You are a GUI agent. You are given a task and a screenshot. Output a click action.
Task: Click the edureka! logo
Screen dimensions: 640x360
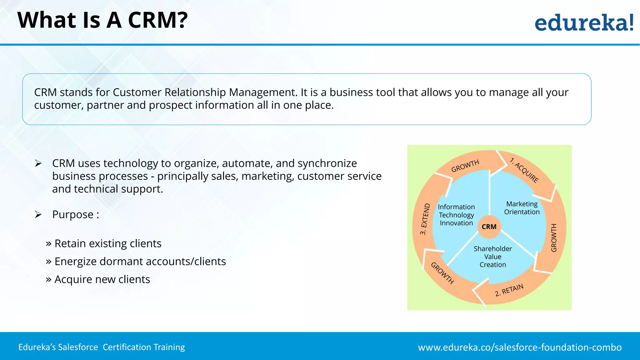click(x=584, y=22)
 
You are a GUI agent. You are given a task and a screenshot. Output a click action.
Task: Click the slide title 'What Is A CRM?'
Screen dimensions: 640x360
click(x=102, y=20)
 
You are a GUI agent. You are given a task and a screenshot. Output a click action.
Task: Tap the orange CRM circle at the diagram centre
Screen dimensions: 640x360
click(x=489, y=227)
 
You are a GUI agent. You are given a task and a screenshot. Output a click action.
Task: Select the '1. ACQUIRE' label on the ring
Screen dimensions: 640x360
click(x=524, y=170)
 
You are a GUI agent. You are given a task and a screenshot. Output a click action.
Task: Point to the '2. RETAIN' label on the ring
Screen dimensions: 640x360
click(x=509, y=290)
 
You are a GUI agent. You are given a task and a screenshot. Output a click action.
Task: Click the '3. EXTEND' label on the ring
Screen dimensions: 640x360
click(x=425, y=219)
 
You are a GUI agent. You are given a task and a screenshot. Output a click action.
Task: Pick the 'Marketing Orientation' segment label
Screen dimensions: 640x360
click(x=522, y=208)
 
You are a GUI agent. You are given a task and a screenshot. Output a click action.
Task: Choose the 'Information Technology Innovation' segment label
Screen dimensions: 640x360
click(x=456, y=215)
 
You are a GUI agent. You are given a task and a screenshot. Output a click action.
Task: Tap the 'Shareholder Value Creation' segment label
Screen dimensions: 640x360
click(x=493, y=257)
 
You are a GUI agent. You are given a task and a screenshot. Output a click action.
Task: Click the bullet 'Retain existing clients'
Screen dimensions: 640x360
click(x=108, y=243)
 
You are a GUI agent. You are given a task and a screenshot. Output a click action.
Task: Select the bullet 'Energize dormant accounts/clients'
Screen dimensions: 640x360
click(x=140, y=261)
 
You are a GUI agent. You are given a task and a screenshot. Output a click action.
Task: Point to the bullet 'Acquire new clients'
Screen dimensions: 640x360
click(x=102, y=279)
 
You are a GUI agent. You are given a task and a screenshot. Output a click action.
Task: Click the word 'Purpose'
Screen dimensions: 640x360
click(x=73, y=214)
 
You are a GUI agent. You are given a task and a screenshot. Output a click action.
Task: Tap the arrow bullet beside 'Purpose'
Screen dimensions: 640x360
click(x=38, y=214)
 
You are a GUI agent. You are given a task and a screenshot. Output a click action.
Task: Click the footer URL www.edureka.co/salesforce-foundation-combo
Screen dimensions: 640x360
click(x=520, y=347)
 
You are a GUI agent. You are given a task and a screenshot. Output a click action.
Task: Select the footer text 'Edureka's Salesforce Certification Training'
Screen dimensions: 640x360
click(x=102, y=347)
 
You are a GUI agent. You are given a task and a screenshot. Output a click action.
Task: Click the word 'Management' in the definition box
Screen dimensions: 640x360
click(x=262, y=92)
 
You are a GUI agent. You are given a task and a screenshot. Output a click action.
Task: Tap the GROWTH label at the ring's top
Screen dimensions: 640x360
click(x=465, y=166)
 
